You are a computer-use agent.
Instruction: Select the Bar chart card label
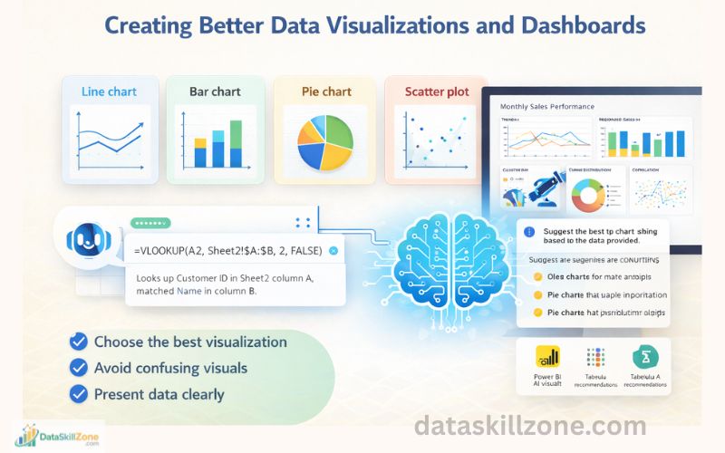coord(214,92)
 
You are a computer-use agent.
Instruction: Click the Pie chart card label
coord(325,92)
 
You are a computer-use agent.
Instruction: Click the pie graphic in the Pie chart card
coord(324,140)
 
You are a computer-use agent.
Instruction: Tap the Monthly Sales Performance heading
coord(546,107)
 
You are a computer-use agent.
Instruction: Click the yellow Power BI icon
coord(547,355)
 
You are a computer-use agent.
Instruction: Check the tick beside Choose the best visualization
coord(79,342)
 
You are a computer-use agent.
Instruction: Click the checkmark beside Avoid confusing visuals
coord(79,368)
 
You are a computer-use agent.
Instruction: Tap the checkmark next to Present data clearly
coord(79,394)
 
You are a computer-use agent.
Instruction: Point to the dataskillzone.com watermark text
coord(530,426)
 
